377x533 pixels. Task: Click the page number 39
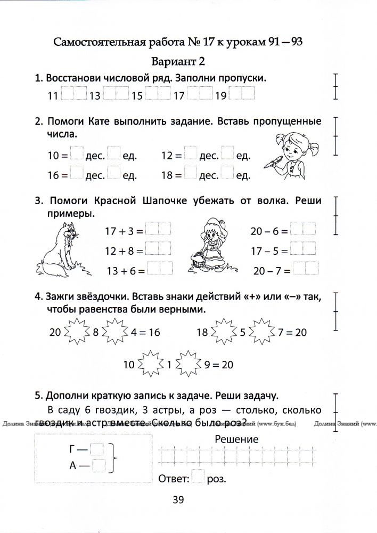178,499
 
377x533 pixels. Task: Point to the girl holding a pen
288,152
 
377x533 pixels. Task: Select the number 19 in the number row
222,96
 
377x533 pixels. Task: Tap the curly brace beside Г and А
114,458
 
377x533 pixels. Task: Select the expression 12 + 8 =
124,250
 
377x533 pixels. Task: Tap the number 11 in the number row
52,96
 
